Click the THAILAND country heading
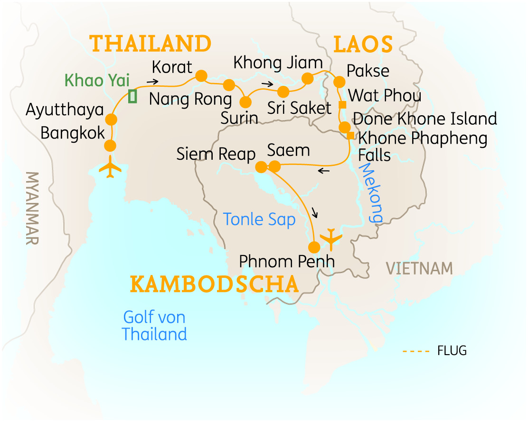click(x=151, y=44)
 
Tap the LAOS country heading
click(x=363, y=45)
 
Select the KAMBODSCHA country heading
click(x=214, y=284)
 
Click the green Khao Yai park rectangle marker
click(x=133, y=96)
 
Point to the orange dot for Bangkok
click(x=110, y=145)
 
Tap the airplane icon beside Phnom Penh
click(x=331, y=238)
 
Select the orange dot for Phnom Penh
click(x=314, y=247)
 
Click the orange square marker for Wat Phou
click(x=341, y=105)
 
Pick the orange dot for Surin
click(x=246, y=102)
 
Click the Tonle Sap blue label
click(x=259, y=219)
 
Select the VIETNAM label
click(x=419, y=268)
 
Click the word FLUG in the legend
click(x=452, y=351)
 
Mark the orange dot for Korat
click(x=201, y=76)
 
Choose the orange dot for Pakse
click(x=339, y=82)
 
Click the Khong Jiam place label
click(x=278, y=63)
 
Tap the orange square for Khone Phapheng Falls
click(x=350, y=136)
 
